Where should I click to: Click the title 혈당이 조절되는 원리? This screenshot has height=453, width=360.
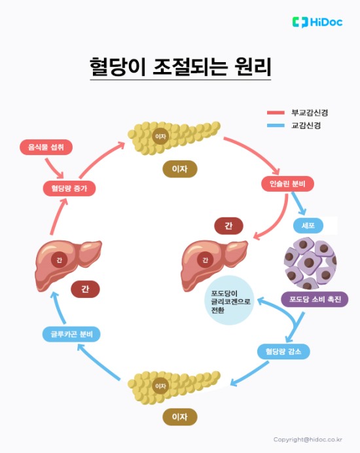pyautogui.click(x=180, y=67)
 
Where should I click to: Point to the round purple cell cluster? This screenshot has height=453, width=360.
pyautogui.click(x=310, y=262)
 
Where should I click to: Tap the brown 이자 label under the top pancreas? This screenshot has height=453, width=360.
pyautogui.click(x=179, y=169)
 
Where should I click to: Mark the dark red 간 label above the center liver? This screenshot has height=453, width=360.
pyautogui.click(x=228, y=225)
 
